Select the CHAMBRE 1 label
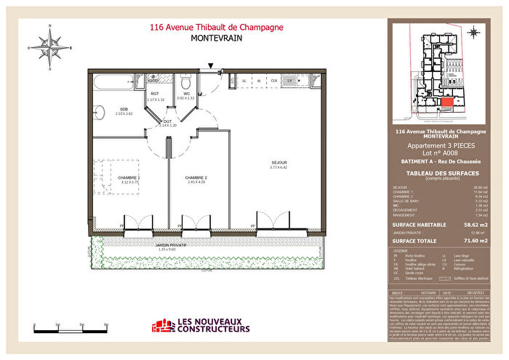coord(129,177)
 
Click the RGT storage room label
coord(155,94)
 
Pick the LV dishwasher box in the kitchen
coord(289,80)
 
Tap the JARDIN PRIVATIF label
coord(172,246)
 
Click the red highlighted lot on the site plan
coord(446,103)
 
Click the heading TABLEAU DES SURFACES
coord(436,173)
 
